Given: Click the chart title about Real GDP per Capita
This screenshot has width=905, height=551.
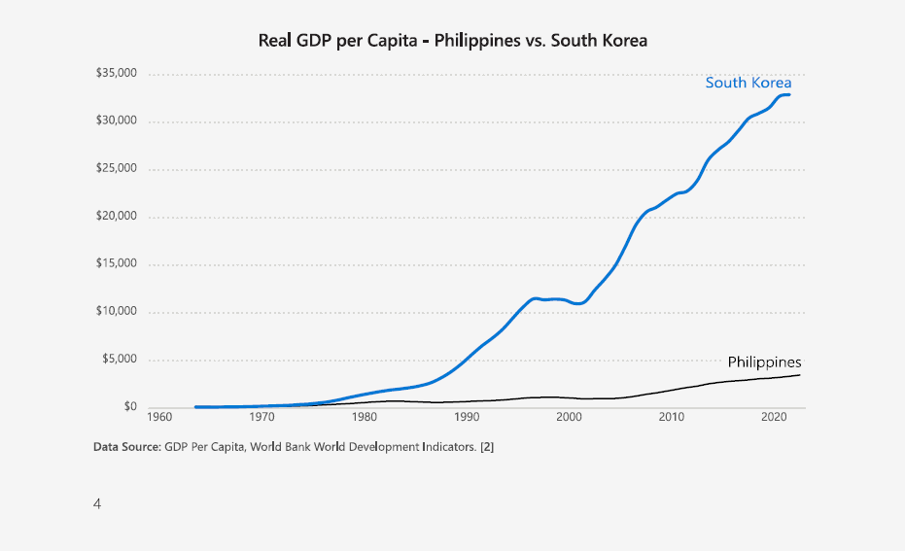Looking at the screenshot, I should coord(452,41).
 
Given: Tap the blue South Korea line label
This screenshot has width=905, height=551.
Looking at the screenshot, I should coord(748,83).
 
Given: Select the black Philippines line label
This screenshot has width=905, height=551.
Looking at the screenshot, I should coord(764,362).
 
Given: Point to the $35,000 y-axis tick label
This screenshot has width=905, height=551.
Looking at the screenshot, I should coord(116,74).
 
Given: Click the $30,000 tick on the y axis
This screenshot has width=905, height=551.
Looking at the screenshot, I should coord(116,121).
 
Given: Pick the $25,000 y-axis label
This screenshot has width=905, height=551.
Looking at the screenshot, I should coord(116,169).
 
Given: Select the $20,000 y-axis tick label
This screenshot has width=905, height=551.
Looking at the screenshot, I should coord(116,217).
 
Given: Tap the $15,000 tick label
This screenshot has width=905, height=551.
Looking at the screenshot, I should coord(116,264).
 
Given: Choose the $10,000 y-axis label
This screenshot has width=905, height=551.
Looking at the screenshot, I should coord(116,312).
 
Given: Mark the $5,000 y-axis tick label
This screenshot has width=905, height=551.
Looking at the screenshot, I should coord(120,360).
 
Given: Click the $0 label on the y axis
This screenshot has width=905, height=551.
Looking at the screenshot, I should coord(129,407).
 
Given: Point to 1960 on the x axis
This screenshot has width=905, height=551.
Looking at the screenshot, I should coord(159,418).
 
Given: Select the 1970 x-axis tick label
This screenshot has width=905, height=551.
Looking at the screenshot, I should coord(261,418).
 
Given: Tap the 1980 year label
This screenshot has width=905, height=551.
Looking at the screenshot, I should coord(365,418).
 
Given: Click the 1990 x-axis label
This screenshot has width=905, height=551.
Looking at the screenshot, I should coord(467,418).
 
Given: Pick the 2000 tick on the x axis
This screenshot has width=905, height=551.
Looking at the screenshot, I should coord(569,418).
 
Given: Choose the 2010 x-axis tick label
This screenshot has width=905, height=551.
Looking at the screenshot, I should coord(671,418).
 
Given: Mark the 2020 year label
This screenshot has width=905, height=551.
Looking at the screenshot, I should coord(773,418).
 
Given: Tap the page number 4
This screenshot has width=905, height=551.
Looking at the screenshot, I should coord(97,503).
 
